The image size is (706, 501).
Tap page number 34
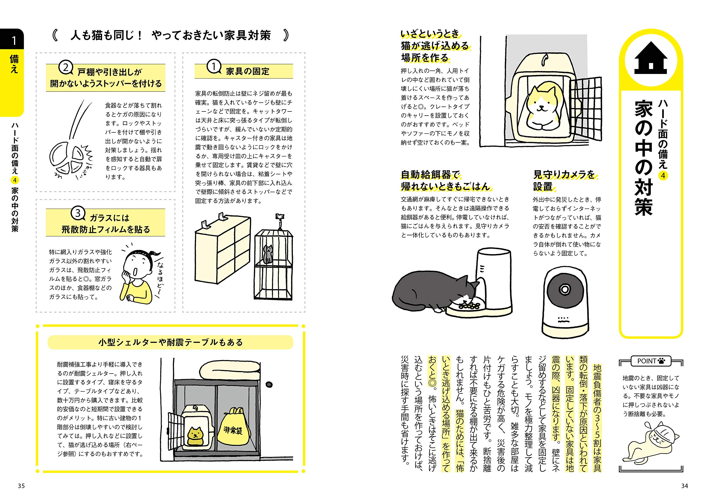tap(684, 486)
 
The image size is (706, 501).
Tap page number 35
tap(21, 486)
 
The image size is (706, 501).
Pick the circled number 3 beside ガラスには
tap(78, 213)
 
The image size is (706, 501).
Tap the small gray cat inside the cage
tap(268, 254)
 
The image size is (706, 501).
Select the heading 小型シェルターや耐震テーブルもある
tap(170, 342)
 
